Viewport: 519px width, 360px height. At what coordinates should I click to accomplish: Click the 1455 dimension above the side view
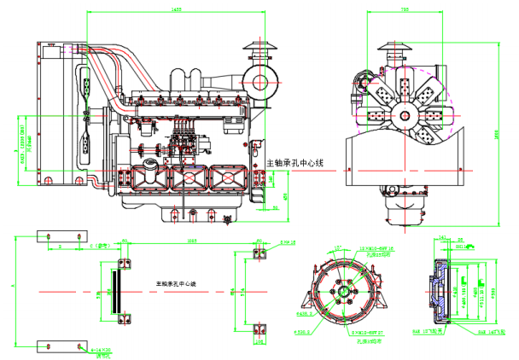coord(176,9)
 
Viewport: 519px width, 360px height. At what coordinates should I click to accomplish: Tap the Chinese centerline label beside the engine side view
coord(295,162)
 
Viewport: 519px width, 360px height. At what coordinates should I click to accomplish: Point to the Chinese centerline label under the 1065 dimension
coord(176,282)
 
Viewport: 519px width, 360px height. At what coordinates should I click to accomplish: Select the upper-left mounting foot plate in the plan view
coord(61,235)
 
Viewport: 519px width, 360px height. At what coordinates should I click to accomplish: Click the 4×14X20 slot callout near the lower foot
coord(102,351)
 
